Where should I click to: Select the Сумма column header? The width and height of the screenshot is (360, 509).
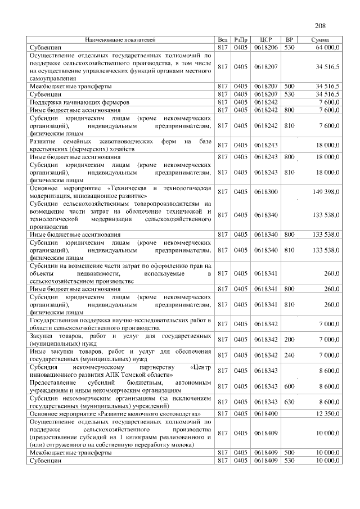click(x=322, y=40)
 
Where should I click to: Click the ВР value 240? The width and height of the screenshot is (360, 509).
click(x=290, y=355)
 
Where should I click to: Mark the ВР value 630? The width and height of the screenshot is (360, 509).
click(x=290, y=402)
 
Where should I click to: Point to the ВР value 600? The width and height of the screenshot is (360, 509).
click(x=290, y=386)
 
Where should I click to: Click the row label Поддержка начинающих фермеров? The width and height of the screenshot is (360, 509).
click(x=80, y=103)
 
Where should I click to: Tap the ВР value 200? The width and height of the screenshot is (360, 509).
click(x=290, y=339)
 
